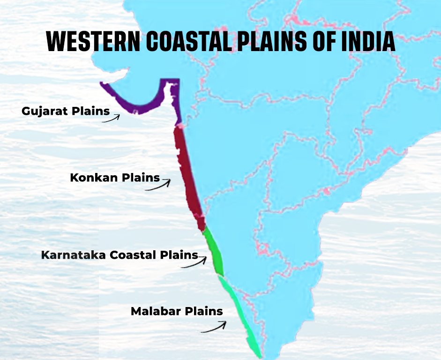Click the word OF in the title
(x=323, y=41)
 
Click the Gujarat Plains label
(x=66, y=112)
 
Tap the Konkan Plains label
(x=115, y=178)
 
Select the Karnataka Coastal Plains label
(x=120, y=255)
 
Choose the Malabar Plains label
(x=177, y=311)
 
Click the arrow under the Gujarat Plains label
(x=112, y=119)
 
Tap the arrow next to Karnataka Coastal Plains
(x=194, y=262)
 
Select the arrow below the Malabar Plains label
(x=214, y=327)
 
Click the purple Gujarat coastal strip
(x=141, y=105)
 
